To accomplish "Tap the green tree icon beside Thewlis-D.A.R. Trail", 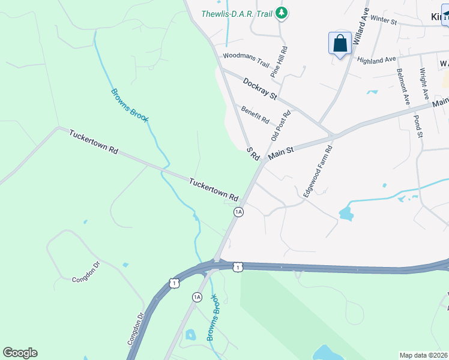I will pyautogui.click(x=281, y=13).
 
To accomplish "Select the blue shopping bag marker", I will pyautogui.click(x=340, y=44).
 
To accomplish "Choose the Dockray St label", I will pyautogui.click(x=260, y=88).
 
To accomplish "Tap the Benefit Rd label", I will pyautogui.click(x=255, y=114).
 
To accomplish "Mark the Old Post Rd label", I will pyautogui.click(x=280, y=125).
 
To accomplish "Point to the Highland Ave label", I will pyautogui.click(x=376, y=60).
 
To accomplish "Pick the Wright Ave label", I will pyautogui.click(x=424, y=84).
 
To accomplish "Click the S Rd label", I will pyautogui.click(x=253, y=154).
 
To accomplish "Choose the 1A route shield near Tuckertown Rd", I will pyautogui.click(x=239, y=212).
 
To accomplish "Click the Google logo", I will pyautogui.click(x=20, y=353).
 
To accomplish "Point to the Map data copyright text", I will pyautogui.click(x=423, y=355).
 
